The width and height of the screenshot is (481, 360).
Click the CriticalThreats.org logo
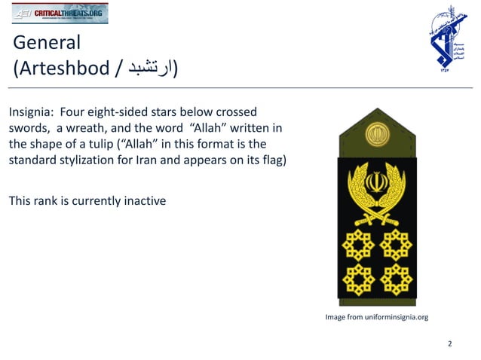point(60,13)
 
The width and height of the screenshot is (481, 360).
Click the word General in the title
point(47,43)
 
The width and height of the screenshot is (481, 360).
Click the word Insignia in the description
point(32,111)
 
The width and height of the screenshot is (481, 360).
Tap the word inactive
point(142,201)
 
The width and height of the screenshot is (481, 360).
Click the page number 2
point(449,344)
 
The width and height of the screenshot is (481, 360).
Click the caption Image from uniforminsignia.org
point(376,317)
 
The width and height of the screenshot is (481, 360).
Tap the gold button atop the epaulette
point(375,136)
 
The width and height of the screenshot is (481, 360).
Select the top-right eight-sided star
point(395,244)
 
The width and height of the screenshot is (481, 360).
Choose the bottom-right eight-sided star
point(395,279)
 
